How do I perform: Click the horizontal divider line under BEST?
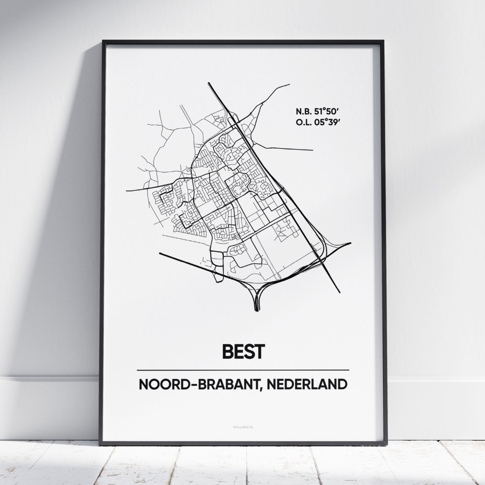coord(242,370)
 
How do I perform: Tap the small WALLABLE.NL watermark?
coord(242,426)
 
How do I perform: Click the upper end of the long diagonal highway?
coord(209,84)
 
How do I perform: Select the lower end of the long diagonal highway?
coord(339,292)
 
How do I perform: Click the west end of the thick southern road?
coord(161,253)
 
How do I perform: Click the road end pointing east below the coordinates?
coord(312,150)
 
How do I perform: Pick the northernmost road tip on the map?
coord(289,84)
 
